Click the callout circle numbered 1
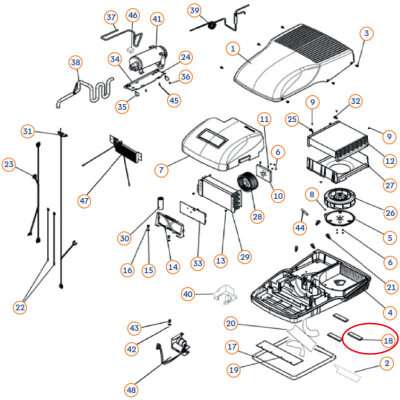click(x=232, y=48)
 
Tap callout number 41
click(x=157, y=19)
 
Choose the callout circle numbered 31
click(x=28, y=131)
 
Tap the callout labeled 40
click(x=187, y=294)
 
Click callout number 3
click(x=367, y=33)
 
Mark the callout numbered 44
click(x=299, y=228)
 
